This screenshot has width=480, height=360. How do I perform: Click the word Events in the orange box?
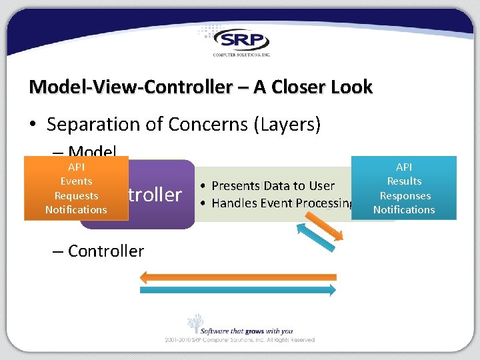coord(76,181)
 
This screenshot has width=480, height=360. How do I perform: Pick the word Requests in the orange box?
coord(76,196)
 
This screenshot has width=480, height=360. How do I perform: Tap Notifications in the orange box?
coord(76,210)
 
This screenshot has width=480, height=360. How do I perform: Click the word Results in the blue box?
coord(404,181)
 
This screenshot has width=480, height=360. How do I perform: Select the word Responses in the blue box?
coord(405,196)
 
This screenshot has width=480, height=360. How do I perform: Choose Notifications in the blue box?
coord(404,210)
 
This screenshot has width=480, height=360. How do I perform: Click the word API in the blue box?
coord(404,167)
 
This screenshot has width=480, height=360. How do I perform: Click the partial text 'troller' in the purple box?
coord(155,195)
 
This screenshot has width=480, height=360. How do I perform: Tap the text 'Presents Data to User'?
coord(273,186)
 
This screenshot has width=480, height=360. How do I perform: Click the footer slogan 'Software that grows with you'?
coord(249,331)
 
